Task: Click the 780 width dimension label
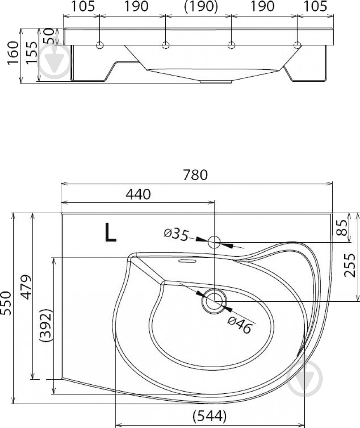click(x=196, y=175)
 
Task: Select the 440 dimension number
click(x=138, y=194)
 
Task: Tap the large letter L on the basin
click(x=110, y=232)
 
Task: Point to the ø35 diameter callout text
click(x=176, y=235)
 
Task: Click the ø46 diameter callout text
click(x=239, y=325)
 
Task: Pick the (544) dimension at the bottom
click(x=210, y=416)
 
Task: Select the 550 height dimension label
click(x=6, y=303)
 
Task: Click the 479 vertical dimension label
click(x=27, y=287)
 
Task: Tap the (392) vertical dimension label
click(x=45, y=325)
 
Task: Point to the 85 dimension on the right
click(x=342, y=227)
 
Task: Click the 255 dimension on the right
click(x=350, y=265)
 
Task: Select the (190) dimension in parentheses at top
click(x=201, y=6)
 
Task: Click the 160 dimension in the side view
click(x=13, y=53)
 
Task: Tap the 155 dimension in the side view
click(x=31, y=52)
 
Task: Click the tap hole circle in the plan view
click(x=214, y=242)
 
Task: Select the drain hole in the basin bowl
click(x=214, y=301)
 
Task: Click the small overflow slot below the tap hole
click(x=187, y=261)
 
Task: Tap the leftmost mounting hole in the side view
click(x=100, y=45)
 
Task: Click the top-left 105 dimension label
click(x=83, y=6)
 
